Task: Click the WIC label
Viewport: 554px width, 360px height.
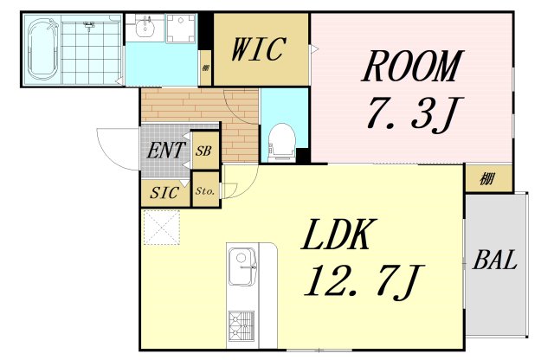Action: [258, 48]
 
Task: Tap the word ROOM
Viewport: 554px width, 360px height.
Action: [412, 67]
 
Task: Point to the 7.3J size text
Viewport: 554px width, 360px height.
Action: [412, 113]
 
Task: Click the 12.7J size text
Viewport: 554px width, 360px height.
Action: [364, 280]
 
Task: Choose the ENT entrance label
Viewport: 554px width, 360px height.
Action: [165, 151]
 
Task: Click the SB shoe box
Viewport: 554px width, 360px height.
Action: [204, 151]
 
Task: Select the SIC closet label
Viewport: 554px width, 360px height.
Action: [164, 193]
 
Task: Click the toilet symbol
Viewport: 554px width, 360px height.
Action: [281, 142]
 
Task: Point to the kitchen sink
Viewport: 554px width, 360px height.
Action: [242, 266]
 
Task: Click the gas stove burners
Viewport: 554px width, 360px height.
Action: [242, 325]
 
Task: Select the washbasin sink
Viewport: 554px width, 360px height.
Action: [145, 28]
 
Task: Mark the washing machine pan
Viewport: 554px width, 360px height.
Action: [181, 29]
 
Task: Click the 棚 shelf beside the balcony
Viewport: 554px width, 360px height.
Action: [488, 179]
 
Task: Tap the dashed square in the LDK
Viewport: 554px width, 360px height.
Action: [162, 228]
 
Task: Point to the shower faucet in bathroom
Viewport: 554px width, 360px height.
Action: [89, 25]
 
